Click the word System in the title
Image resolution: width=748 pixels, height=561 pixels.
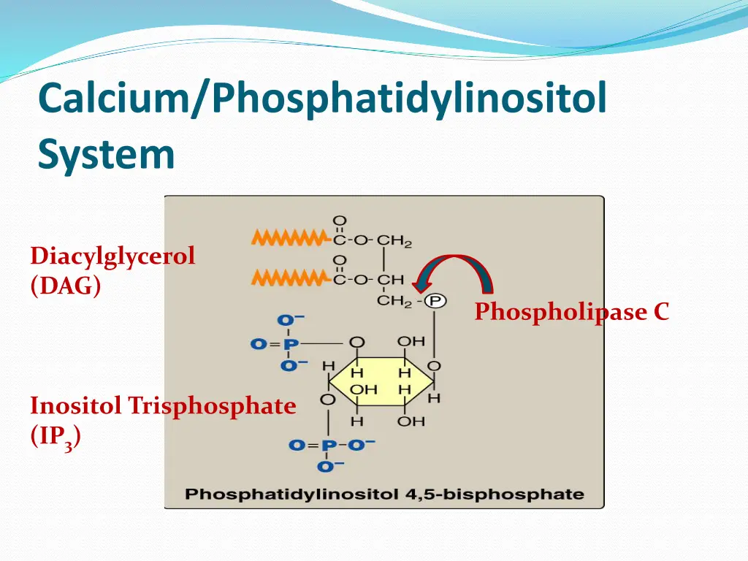click(107, 154)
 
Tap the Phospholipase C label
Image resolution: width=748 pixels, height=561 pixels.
click(571, 312)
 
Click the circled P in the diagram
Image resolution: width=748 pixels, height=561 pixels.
click(436, 300)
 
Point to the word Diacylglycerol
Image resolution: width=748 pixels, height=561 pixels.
click(112, 256)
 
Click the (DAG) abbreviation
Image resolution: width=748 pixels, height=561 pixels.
click(66, 286)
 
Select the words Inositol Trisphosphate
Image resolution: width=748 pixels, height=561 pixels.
click(163, 405)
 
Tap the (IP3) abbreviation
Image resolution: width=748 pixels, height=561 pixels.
click(56, 436)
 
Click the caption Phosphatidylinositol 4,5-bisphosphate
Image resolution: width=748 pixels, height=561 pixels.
click(384, 494)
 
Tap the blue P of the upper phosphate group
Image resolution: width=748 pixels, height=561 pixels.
click(290, 343)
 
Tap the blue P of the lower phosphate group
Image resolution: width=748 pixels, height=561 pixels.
click(330, 444)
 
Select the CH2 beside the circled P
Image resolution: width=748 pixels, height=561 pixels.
click(395, 300)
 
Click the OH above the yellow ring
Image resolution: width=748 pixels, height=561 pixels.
click(411, 341)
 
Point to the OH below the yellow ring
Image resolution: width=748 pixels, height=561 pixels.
click(411, 421)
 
